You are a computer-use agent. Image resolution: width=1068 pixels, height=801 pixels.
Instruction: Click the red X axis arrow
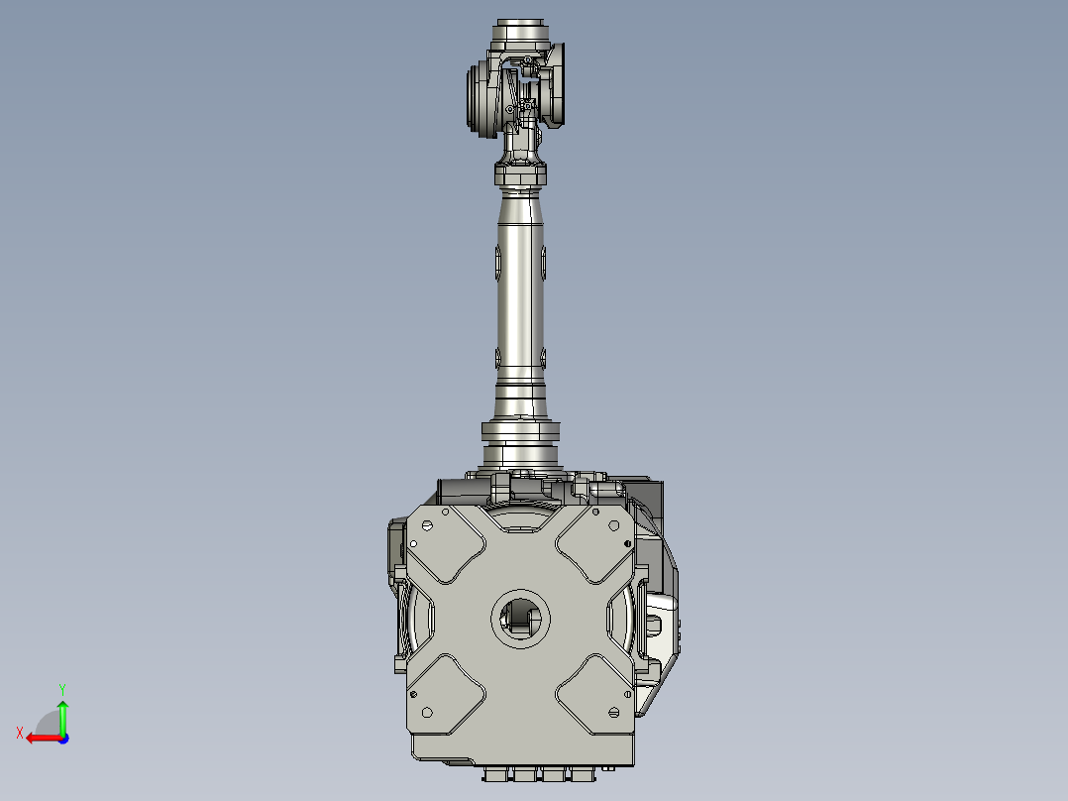click(x=40, y=738)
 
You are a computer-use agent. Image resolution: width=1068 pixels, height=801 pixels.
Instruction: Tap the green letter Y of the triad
click(x=61, y=687)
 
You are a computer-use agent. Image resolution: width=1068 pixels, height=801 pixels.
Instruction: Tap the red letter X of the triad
click(x=19, y=733)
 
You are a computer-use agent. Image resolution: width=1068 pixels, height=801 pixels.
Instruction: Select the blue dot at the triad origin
click(x=62, y=738)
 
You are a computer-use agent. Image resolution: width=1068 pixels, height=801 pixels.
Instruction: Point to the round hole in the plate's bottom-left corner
click(x=428, y=712)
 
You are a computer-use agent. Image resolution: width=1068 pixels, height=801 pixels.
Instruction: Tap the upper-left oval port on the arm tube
click(x=497, y=262)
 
